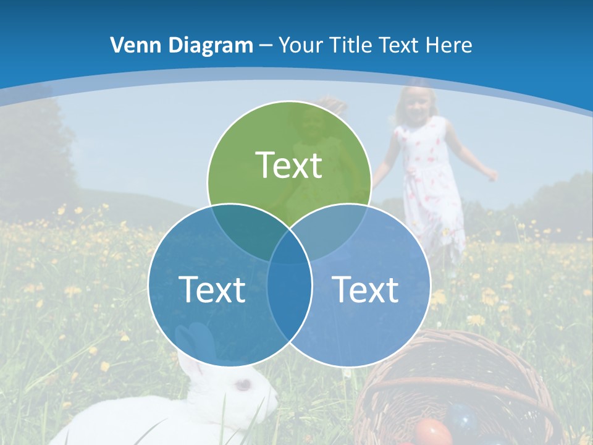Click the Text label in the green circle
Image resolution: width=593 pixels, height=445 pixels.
point(289,165)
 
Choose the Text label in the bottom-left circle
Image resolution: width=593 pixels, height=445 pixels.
point(212,289)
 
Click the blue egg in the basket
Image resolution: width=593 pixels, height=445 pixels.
point(463,418)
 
